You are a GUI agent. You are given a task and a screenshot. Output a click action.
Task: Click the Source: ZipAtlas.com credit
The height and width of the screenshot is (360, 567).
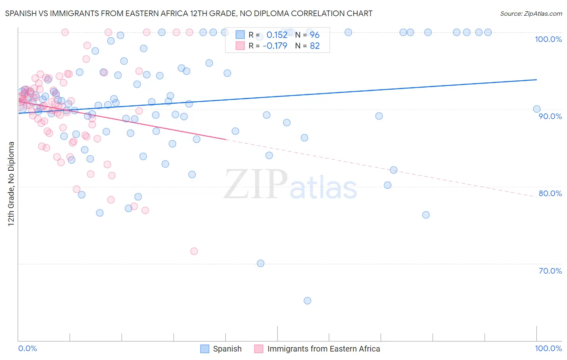click(531, 13)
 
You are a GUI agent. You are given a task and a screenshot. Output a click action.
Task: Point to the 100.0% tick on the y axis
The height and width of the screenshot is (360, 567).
click(548, 39)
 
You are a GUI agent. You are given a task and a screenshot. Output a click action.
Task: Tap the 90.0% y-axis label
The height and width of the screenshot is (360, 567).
click(550, 116)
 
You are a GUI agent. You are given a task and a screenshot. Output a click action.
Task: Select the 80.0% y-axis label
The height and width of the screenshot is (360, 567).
click(550, 193)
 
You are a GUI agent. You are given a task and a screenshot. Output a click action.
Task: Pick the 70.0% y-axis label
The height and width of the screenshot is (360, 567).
click(550, 271)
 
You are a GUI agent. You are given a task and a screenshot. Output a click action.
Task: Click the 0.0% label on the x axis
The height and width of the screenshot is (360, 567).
click(27, 348)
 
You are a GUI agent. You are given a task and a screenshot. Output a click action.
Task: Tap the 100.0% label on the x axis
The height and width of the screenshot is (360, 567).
click(548, 348)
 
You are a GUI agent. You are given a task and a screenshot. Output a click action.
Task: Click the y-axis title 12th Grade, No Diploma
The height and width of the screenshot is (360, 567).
click(11, 184)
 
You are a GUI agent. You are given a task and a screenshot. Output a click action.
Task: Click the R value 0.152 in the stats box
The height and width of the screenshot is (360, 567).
click(277, 35)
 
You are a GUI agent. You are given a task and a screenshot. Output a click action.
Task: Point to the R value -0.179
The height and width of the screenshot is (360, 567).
click(275, 46)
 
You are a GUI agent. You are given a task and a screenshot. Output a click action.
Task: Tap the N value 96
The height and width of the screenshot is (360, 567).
click(315, 35)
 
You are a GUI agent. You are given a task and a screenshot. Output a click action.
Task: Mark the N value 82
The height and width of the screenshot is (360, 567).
click(315, 46)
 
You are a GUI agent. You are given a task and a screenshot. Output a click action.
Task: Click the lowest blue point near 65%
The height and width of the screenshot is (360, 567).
click(307, 301)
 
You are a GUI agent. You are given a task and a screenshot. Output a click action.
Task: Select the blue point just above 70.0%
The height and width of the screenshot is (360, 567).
click(261, 264)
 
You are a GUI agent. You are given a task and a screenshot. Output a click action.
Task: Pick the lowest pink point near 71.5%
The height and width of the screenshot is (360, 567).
click(194, 251)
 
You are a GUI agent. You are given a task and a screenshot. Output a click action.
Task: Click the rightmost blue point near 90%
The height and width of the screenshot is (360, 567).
click(537, 109)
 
